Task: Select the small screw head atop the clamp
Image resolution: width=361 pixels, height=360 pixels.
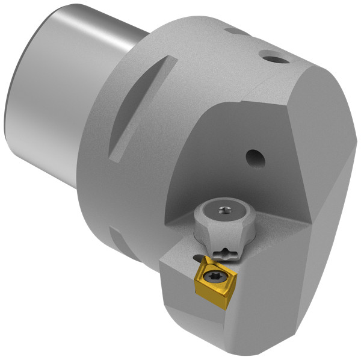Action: [225, 210]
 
